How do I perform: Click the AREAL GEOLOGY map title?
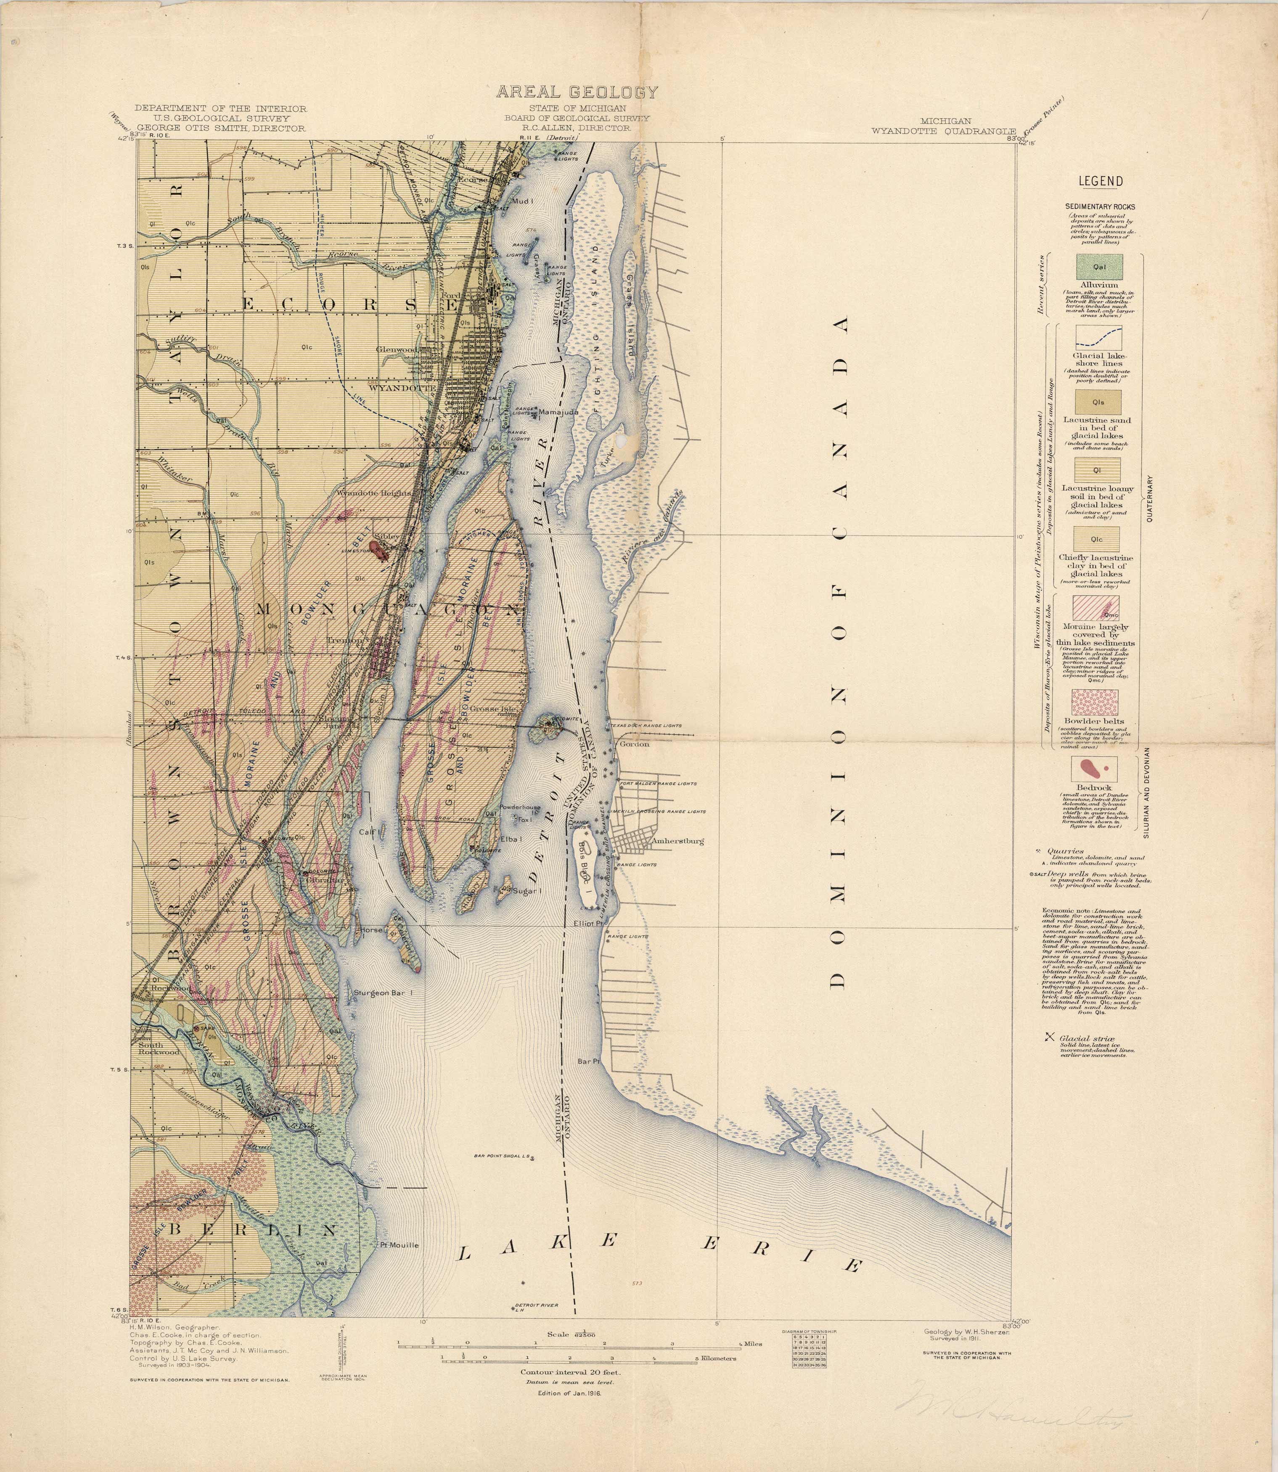pos(577,92)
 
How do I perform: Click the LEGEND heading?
pos(1101,181)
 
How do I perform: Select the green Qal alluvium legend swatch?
pos(1099,267)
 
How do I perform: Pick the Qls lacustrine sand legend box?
pos(1098,402)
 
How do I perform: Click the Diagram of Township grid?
pos(809,1351)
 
